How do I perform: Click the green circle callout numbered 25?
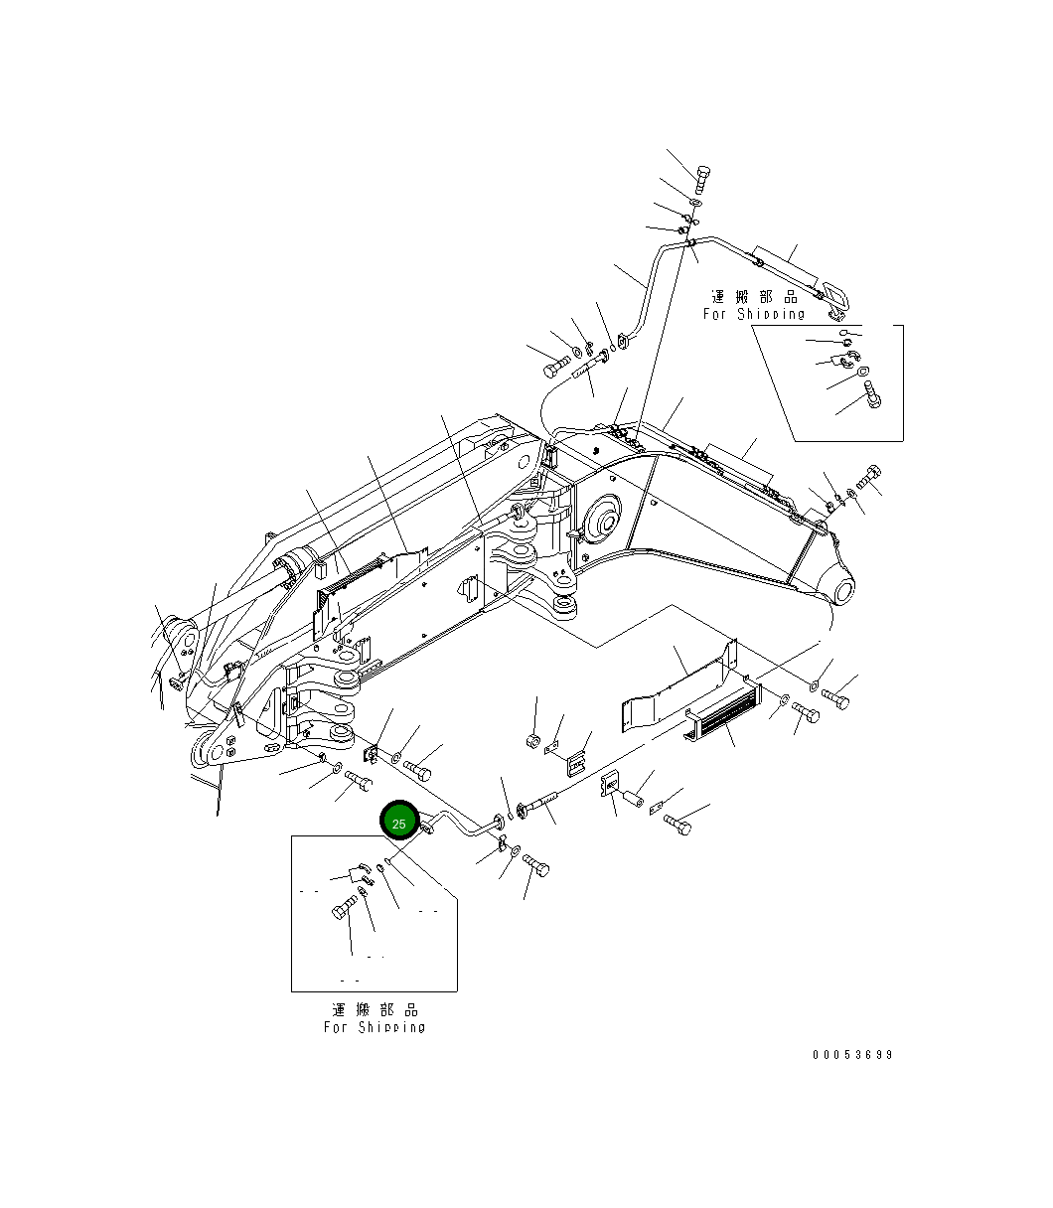coord(399,823)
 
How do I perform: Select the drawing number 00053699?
coord(852,1054)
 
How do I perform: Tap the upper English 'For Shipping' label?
coord(754,314)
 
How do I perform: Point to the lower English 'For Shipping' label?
coord(375,1027)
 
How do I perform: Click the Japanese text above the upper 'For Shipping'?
coord(754,297)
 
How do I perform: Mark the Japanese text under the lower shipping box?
coord(375,1009)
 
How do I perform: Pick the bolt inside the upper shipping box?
coord(872,395)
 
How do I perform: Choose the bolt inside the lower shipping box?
coord(345,909)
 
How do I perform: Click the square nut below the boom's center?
coord(532,740)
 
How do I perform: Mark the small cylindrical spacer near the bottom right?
coord(632,798)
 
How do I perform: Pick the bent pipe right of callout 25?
coord(463,825)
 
